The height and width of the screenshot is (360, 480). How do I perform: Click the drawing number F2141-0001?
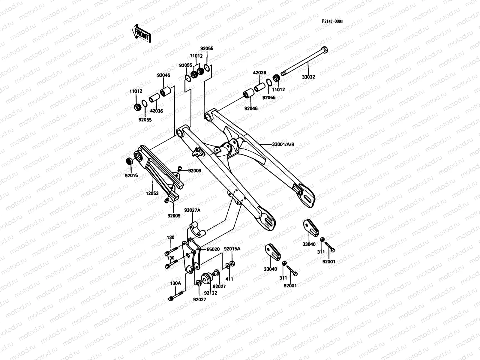click(x=332, y=21)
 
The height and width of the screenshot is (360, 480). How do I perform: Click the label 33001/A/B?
click(x=283, y=144)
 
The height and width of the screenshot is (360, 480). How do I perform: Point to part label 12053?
click(x=152, y=194)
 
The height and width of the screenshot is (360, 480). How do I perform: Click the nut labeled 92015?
click(x=129, y=161)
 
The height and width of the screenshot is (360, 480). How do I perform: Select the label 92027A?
click(x=192, y=210)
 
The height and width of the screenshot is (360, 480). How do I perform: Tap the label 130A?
click(x=175, y=283)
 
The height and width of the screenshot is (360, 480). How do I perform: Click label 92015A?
click(x=232, y=249)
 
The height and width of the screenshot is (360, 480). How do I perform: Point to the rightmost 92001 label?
click(x=328, y=262)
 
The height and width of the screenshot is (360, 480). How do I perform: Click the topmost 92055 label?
click(x=207, y=48)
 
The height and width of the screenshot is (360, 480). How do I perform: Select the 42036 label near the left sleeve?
click(x=156, y=111)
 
